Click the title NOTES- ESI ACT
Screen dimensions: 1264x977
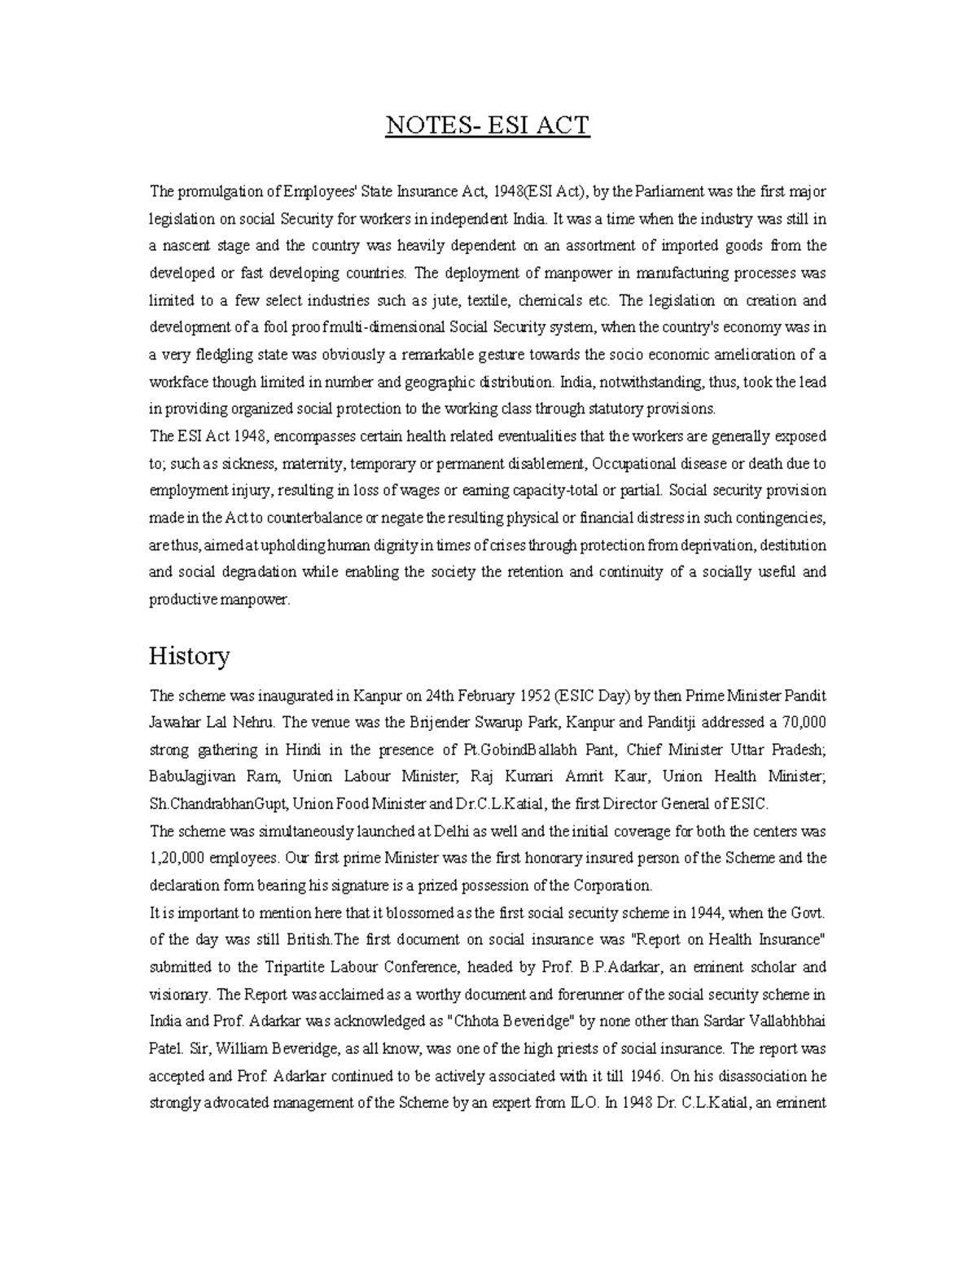click(487, 126)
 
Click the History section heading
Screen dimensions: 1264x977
click(189, 656)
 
